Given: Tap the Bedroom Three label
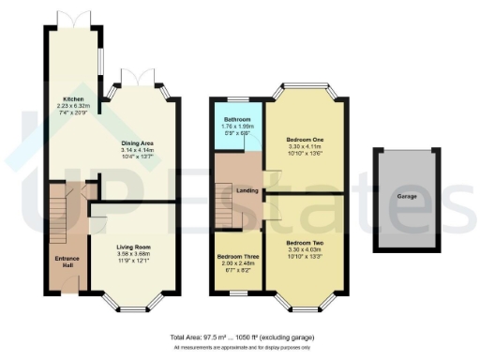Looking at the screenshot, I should [236, 255].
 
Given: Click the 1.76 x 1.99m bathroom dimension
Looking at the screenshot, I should [237, 127].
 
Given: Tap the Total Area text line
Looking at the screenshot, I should [242, 337].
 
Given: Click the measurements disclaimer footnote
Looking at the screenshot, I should [242, 347].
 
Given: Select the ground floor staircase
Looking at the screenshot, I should [61, 211].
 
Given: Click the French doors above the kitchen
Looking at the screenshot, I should [70, 19].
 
